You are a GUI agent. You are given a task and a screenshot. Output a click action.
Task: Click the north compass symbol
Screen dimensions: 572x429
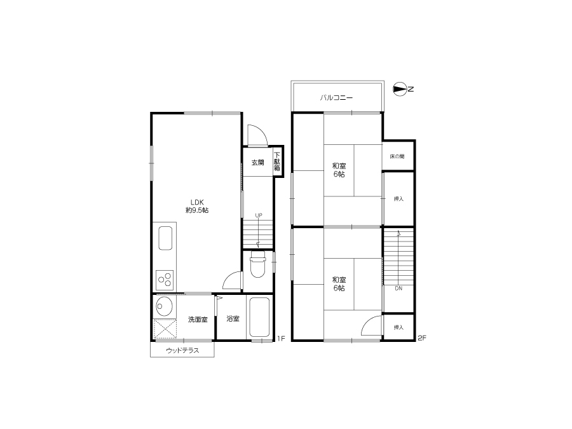click(x=400, y=89)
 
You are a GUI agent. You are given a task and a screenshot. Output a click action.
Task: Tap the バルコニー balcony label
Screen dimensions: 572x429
click(x=336, y=98)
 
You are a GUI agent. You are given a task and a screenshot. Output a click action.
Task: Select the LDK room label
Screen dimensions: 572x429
click(x=197, y=202)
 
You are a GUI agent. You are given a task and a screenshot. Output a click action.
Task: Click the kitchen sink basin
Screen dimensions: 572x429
click(x=165, y=238)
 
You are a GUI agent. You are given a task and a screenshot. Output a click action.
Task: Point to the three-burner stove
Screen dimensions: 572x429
click(x=165, y=280)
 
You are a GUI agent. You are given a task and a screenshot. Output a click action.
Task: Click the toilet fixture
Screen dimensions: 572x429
click(x=257, y=265)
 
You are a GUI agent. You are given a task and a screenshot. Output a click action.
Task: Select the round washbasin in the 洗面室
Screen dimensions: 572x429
click(x=164, y=306)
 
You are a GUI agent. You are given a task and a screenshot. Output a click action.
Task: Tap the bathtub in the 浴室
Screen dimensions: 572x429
click(x=259, y=317)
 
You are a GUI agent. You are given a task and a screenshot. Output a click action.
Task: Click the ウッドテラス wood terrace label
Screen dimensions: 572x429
click(x=182, y=351)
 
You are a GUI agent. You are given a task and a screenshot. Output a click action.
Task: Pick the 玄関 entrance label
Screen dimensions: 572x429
click(x=257, y=162)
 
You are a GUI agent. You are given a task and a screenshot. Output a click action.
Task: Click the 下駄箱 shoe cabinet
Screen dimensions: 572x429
click(x=278, y=161)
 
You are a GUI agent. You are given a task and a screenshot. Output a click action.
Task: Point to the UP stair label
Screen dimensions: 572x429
click(x=259, y=215)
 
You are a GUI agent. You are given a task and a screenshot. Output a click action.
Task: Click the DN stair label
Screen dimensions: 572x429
click(x=398, y=288)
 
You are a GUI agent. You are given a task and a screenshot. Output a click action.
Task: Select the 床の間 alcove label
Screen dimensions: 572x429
click(x=397, y=156)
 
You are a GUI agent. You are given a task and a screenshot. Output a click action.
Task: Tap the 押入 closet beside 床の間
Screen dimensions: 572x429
click(x=398, y=199)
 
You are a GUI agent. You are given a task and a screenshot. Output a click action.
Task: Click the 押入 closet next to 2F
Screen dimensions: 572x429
click(x=398, y=327)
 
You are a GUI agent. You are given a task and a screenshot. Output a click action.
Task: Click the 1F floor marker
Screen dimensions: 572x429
click(x=280, y=339)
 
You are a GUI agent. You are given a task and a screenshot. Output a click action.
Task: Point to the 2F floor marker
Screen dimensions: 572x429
click(x=422, y=338)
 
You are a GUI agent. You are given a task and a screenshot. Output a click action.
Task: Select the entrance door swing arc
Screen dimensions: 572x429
click(x=261, y=132)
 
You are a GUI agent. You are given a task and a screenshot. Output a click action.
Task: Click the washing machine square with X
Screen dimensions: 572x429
click(x=165, y=329)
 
